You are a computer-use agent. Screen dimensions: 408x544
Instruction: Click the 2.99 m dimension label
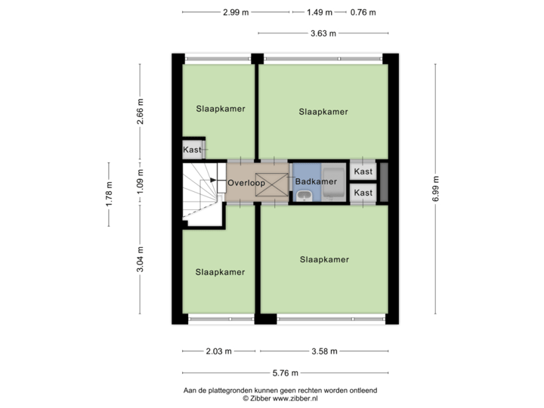236,12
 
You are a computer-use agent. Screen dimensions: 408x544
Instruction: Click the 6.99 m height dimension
436,187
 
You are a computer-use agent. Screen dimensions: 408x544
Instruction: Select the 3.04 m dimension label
140,260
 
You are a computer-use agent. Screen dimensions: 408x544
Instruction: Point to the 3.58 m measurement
324,351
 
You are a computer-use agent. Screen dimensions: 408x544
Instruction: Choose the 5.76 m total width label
286,372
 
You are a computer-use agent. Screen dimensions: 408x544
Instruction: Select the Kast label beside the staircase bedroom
192,150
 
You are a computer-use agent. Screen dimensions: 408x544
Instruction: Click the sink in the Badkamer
304,196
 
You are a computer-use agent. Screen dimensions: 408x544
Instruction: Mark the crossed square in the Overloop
274,184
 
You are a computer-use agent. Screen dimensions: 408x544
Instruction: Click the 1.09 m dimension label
140,182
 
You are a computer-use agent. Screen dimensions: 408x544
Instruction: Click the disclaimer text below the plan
280,393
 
